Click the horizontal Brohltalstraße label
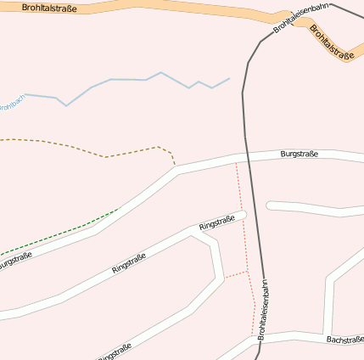[x=49, y=8]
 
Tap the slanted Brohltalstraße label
[x=331, y=42]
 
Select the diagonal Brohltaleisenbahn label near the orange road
[x=301, y=18]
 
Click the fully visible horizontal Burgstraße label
[x=299, y=154]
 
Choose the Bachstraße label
[x=344, y=340]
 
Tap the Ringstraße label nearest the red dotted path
[x=216, y=223]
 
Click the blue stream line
[x=127, y=80]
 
